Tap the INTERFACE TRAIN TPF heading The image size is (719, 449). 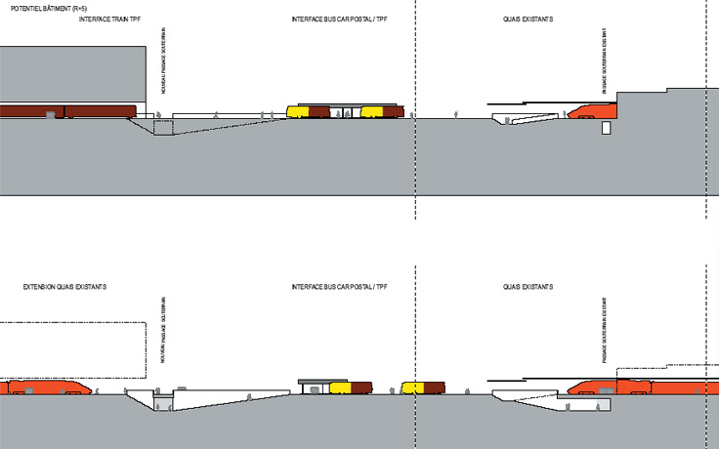(x=110, y=20)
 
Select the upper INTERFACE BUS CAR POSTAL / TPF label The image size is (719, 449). (x=333, y=20)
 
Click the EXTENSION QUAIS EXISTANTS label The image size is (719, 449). (x=64, y=287)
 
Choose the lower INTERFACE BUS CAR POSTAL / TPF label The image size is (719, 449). (x=333, y=287)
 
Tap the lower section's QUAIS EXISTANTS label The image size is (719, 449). (x=528, y=287)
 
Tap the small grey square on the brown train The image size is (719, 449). (x=51, y=115)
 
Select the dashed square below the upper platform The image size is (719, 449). (x=163, y=126)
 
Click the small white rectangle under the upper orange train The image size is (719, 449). (x=607, y=127)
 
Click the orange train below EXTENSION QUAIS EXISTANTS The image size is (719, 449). (x=49, y=388)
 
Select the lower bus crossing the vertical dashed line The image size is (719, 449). (x=423, y=388)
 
